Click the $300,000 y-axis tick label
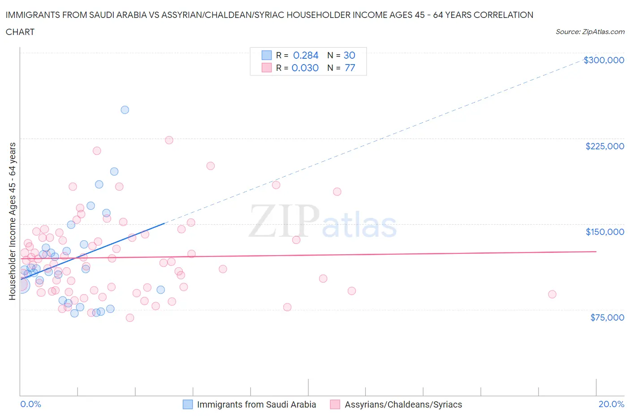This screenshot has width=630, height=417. pyautogui.click(x=604, y=60)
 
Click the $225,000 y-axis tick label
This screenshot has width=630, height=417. pyautogui.click(x=604, y=146)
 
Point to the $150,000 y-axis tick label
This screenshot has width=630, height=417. pyautogui.click(x=604, y=232)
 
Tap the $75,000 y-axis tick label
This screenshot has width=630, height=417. pyautogui.click(x=607, y=317)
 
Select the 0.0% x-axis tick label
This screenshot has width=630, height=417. pyautogui.click(x=30, y=404)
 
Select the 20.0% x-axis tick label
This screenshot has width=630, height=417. pyautogui.click(x=611, y=404)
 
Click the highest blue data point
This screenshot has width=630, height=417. pyautogui.click(x=125, y=110)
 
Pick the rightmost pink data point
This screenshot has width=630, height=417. pyautogui.click(x=552, y=294)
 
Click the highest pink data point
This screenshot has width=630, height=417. pyautogui.click(x=169, y=140)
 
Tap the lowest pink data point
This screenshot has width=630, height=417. pyautogui.click(x=130, y=317)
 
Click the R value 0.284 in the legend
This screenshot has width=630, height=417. pyautogui.click(x=306, y=55)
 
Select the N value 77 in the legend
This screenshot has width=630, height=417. pyautogui.click(x=350, y=68)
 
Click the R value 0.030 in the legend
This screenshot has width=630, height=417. pyautogui.click(x=305, y=68)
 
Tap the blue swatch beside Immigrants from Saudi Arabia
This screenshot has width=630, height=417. pyautogui.click(x=188, y=404)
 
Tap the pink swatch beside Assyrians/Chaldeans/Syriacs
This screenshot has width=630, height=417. pyautogui.click(x=335, y=404)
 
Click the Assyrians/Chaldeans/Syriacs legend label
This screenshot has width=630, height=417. pyautogui.click(x=403, y=404)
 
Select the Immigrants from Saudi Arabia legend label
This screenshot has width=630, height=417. pyautogui.click(x=256, y=404)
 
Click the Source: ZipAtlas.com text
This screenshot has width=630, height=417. pyautogui.click(x=590, y=31)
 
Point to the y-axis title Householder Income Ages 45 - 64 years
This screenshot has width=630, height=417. pyautogui.click(x=12, y=221)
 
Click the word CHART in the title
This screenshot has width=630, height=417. pyautogui.click(x=20, y=32)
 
